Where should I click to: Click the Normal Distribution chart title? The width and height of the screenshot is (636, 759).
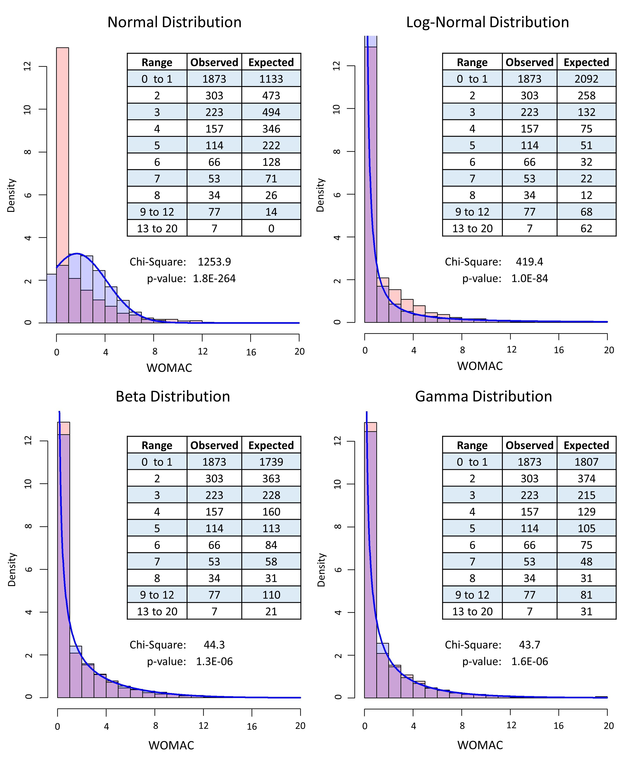point(174,22)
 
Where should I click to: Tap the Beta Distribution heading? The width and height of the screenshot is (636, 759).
point(173,397)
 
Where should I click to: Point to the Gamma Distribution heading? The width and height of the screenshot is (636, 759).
point(483,397)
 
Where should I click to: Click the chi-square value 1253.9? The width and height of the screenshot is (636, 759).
point(214,262)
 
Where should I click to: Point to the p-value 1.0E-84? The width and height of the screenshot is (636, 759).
point(530,278)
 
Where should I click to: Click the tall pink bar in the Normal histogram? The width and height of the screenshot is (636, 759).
point(62,144)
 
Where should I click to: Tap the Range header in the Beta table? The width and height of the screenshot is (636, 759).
point(157,445)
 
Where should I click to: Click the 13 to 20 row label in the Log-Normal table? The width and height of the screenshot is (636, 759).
point(472,229)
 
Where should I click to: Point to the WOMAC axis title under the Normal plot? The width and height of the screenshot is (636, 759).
point(169,368)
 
